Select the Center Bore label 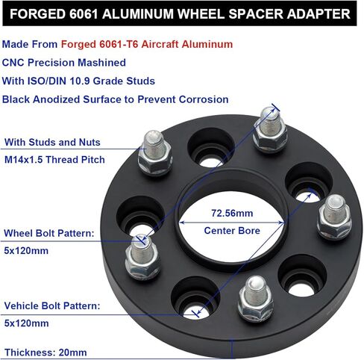point(231,231)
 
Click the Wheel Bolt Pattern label point(49,234)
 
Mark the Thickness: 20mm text point(45,352)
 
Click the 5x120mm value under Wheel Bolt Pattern point(25,250)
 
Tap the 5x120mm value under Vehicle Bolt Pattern point(25,323)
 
